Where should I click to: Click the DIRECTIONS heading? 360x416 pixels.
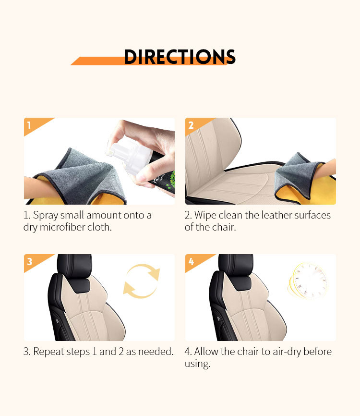(x=180, y=57)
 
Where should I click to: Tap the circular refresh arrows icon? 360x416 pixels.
(x=141, y=281)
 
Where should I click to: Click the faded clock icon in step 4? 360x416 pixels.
(x=308, y=281)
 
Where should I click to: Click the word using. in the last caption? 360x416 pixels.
(x=197, y=364)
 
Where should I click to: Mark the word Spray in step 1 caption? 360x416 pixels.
(x=45, y=215)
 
